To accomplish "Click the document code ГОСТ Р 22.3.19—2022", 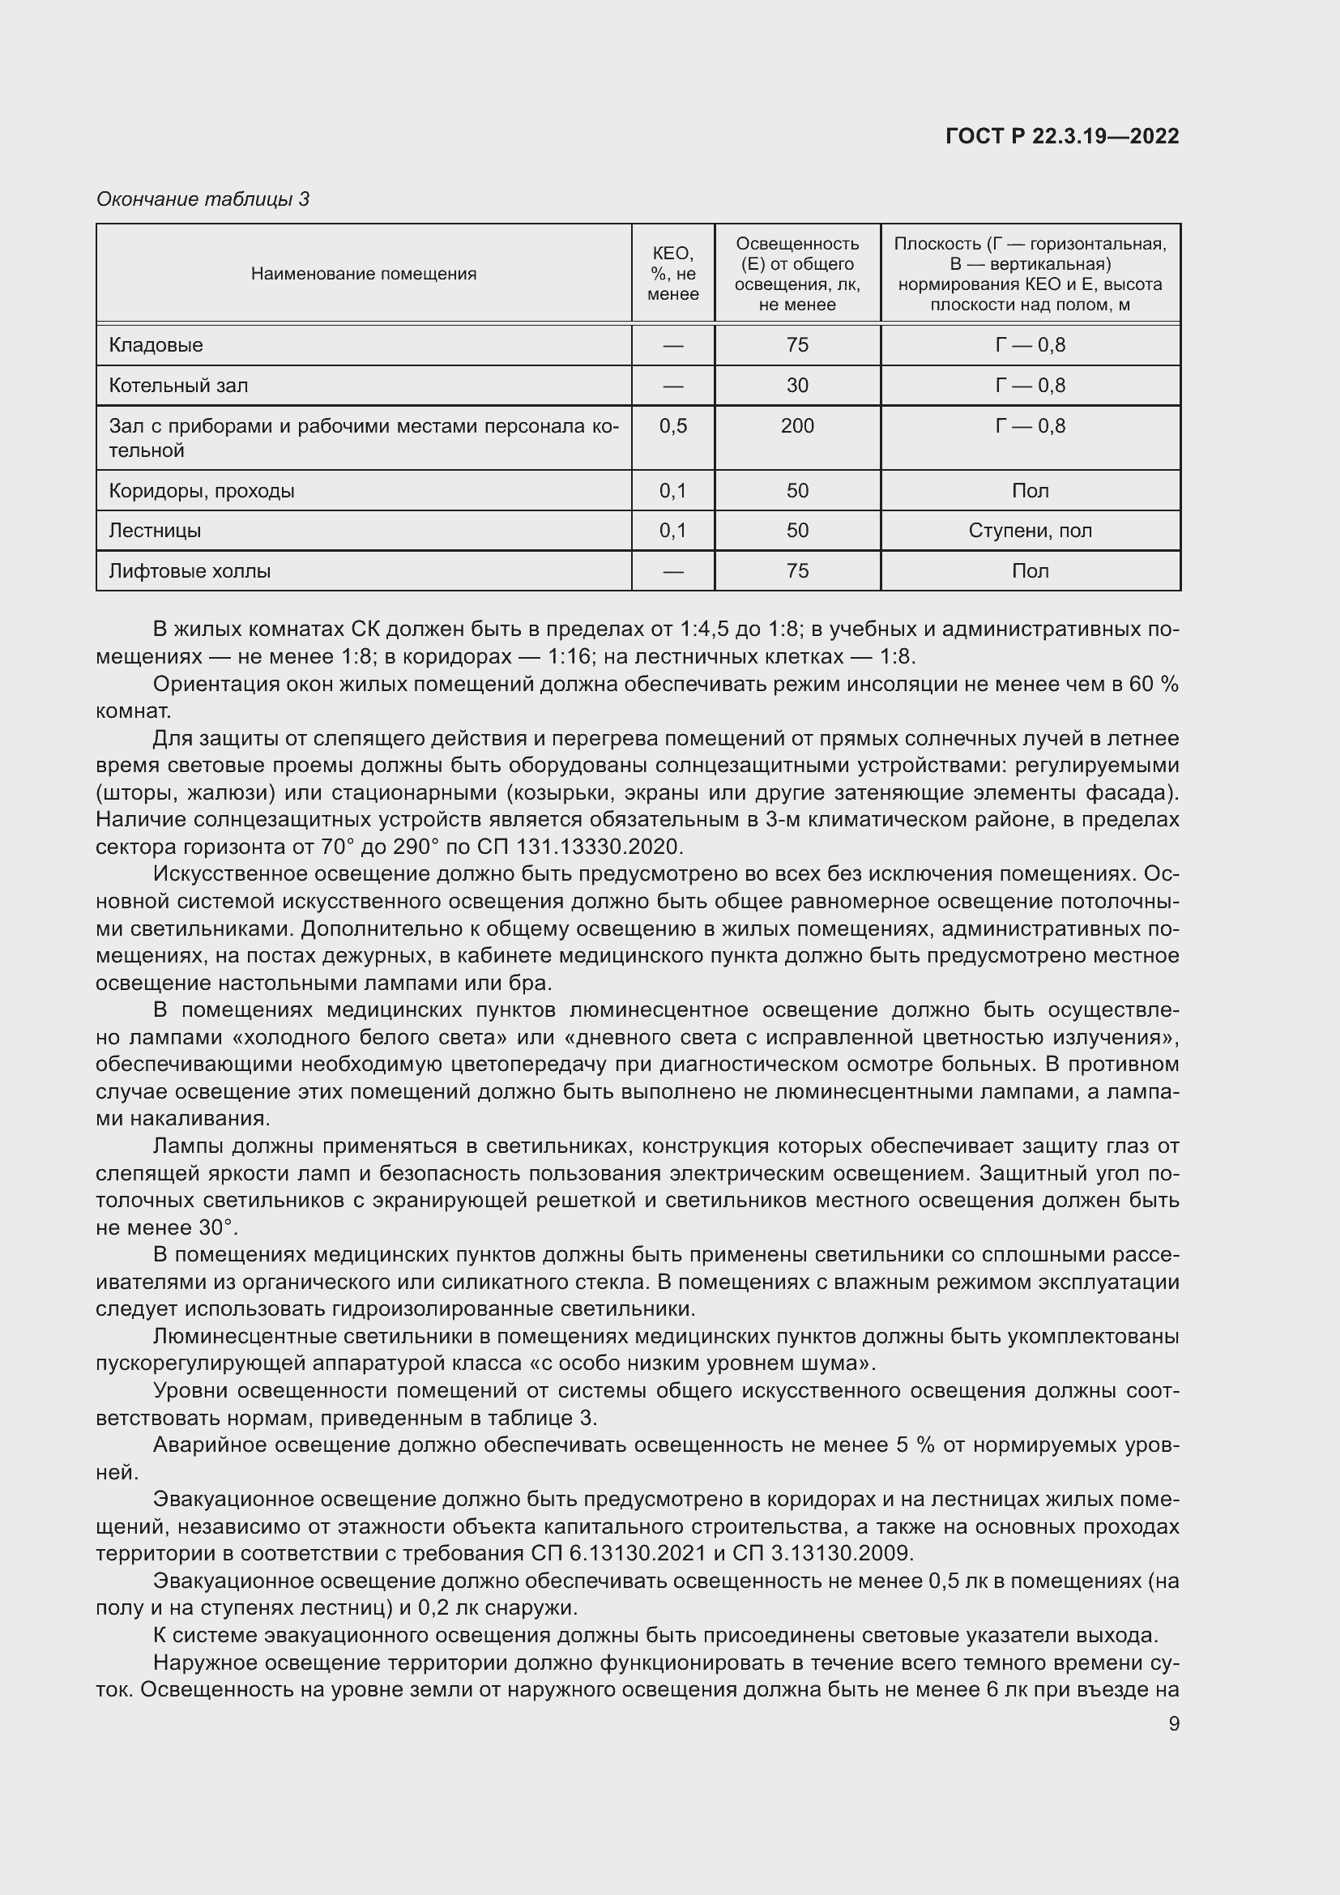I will pos(1062,136).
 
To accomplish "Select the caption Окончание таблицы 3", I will pos(203,199).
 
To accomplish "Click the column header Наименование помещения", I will pos(364,274).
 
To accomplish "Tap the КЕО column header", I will pos(672,273).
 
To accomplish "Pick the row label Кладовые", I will pos(156,345).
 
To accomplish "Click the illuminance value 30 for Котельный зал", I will pos(797,386).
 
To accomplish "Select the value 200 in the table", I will pos(797,426).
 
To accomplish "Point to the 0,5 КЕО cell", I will pos(672,426).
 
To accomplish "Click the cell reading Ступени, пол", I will pos(1030,531).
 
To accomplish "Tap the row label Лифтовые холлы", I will pos(190,571).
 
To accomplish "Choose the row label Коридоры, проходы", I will pos(202,491).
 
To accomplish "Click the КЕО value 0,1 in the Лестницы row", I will pos(672,531).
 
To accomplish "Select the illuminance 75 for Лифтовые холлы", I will pos(797,571).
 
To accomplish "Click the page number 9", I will pos(1173,1723).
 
